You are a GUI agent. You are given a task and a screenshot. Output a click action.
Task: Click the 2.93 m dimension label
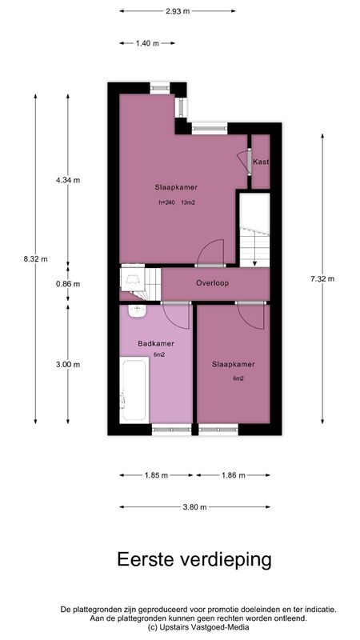click(178, 11)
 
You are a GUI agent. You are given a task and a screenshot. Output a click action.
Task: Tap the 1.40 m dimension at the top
click(147, 42)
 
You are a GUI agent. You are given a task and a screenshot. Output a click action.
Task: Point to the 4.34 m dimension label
click(68, 180)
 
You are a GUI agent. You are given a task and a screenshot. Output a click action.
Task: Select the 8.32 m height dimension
click(36, 258)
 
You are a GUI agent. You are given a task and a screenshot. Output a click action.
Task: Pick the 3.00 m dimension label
click(68, 364)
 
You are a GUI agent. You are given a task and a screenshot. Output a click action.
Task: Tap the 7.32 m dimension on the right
click(322, 278)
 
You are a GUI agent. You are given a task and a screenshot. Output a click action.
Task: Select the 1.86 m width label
click(232, 474)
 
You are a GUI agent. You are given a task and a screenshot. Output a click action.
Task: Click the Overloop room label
click(214, 283)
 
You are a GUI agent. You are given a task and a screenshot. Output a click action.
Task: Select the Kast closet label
click(261, 162)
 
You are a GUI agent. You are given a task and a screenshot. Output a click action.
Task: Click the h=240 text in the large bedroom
click(166, 202)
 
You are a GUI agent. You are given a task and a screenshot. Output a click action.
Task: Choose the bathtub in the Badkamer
click(132, 390)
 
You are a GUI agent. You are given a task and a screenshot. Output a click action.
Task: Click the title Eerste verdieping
click(194, 558)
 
